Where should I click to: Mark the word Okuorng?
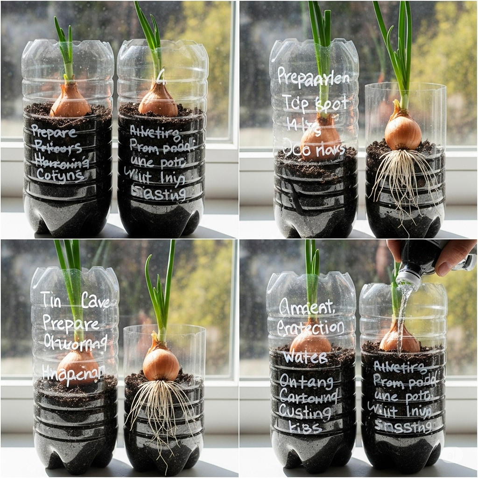75,341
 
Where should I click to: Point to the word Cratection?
310,328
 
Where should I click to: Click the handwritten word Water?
299,358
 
